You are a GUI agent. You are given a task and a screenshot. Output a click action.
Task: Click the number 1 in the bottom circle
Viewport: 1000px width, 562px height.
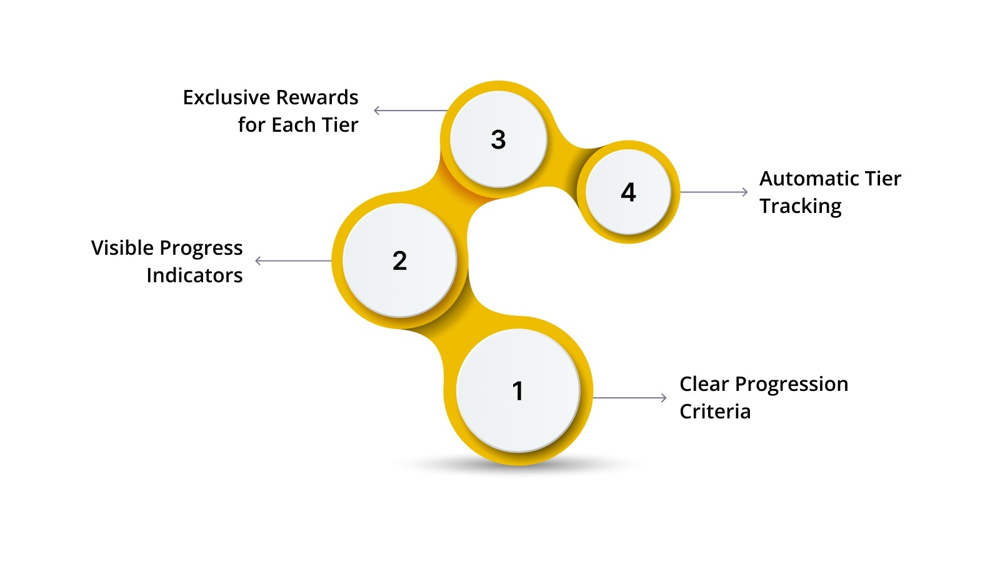(517, 392)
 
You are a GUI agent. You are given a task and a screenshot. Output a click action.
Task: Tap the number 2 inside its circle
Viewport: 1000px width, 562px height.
(400, 261)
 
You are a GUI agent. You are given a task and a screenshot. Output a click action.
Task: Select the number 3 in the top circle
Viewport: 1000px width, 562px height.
(498, 140)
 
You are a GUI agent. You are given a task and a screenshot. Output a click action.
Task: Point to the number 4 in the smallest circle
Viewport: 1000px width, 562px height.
(628, 192)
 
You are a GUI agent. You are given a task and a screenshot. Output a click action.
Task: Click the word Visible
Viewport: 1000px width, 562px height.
(122, 249)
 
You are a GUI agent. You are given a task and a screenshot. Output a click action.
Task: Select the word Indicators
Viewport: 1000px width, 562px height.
(194, 275)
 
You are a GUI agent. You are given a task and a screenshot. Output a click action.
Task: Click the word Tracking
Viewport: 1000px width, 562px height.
(801, 207)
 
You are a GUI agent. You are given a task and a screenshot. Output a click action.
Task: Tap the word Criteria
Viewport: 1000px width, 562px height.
(715, 412)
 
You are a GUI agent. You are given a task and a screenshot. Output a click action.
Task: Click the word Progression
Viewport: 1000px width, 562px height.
(791, 385)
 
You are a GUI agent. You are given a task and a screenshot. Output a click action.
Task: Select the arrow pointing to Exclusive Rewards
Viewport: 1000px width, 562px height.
(410, 111)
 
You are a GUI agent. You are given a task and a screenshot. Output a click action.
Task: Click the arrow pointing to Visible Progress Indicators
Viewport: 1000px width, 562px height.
(292, 260)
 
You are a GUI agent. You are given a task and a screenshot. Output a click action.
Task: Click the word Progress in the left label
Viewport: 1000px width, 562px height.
(201, 249)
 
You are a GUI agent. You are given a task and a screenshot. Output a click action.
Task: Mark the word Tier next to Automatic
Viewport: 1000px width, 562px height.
(883, 179)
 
